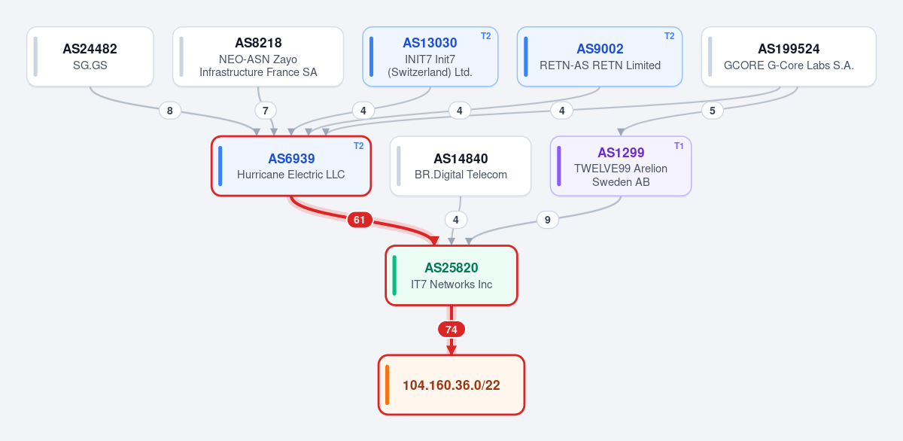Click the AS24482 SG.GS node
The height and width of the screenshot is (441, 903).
pos(90,56)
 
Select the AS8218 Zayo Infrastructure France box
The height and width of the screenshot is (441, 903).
pos(258,56)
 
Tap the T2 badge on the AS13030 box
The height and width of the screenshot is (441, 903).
pos(486,36)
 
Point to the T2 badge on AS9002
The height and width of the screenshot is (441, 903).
pos(669,36)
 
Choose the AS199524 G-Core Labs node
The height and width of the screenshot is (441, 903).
pos(789,56)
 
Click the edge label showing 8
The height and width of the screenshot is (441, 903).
pos(170,111)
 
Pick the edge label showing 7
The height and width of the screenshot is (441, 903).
pos(265,111)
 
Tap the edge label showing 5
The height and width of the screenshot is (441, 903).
pos(713,111)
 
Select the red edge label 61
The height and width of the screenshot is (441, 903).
pos(359,220)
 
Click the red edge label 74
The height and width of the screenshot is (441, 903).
pos(451,330)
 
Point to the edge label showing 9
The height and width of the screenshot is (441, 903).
pos(548,220)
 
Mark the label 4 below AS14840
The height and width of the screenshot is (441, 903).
pos(455,220)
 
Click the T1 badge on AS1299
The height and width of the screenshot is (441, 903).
pos(679,146)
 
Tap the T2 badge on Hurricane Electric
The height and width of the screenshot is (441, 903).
pos(358,146)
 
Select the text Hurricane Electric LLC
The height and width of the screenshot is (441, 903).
pos(290,175)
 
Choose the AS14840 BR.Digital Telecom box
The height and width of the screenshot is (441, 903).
pos(461,166)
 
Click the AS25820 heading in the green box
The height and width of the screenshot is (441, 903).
pos(451,268)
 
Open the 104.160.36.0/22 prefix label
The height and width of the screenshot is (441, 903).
pos(451,385)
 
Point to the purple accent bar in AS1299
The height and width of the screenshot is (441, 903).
pos(558,166)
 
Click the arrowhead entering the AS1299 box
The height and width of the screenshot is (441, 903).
pos(621,132)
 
